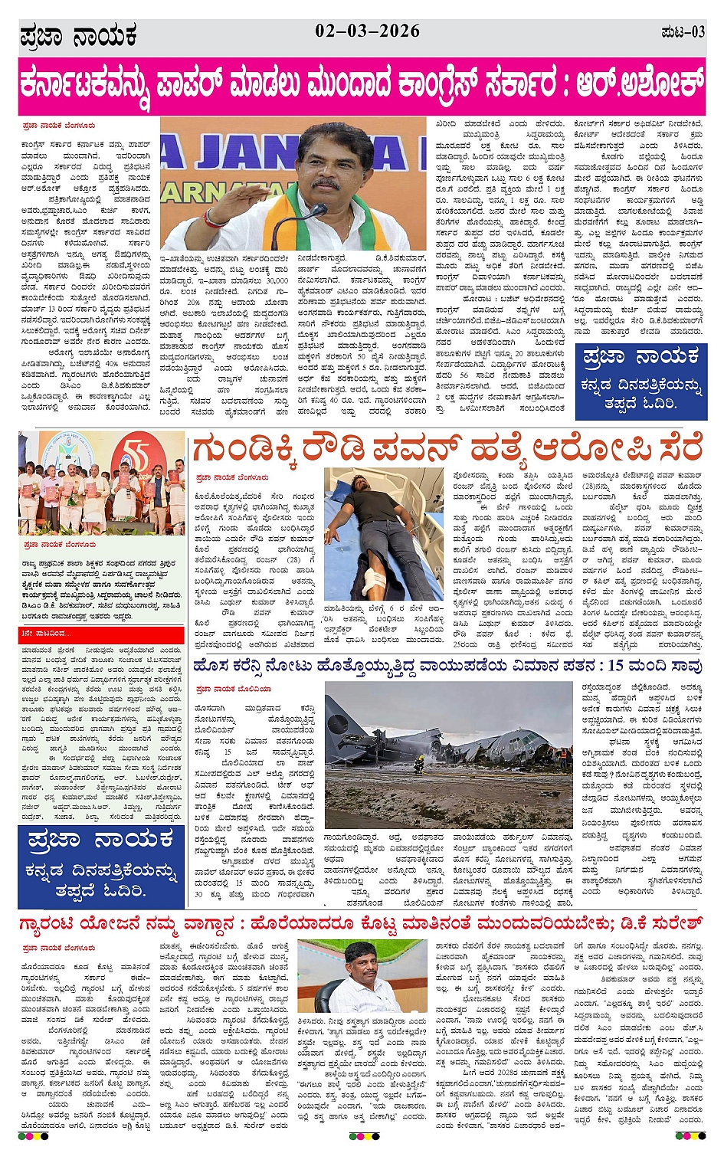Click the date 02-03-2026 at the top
pos(367,31)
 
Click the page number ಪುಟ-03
pos(683,32)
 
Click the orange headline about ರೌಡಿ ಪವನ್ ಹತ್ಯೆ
pos(447,449)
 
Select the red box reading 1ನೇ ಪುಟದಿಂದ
pos(102,634)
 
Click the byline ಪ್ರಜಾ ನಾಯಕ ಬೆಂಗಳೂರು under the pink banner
pos(59,124)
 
